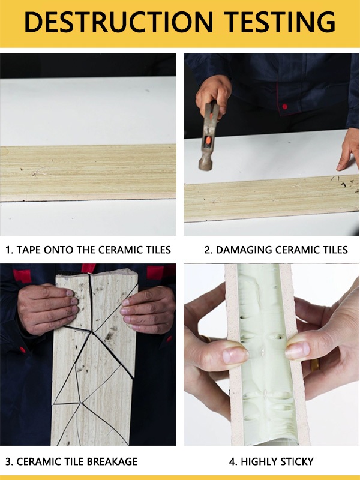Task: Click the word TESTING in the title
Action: [x=280, y=22]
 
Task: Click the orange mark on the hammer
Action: [x=208, y=140]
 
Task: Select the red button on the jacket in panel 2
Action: [x=284, y=107]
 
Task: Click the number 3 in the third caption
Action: [x=8, y=461]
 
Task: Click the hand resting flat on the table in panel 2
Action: [x=349, y=150]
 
